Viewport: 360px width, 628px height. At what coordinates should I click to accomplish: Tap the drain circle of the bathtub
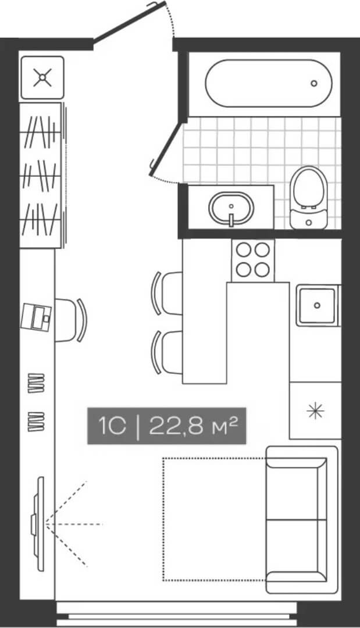[314, 83]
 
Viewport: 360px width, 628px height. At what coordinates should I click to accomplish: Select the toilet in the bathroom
[309, 195]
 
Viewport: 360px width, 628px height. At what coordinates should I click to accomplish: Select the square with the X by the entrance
[41, 77]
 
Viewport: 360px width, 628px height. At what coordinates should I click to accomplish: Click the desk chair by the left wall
[71, 320]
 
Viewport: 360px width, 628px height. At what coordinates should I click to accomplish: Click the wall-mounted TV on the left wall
[39, 523]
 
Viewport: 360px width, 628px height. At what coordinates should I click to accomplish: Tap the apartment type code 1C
[112, 426]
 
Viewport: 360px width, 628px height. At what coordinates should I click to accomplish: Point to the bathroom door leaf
[166, 148]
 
